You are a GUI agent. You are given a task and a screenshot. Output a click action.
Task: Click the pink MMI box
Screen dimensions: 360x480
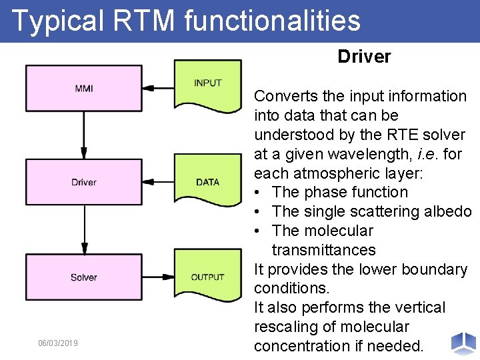click(x=83, y=88)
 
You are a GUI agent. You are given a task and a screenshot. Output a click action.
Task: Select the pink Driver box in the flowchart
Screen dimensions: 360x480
click(x=83, y=182)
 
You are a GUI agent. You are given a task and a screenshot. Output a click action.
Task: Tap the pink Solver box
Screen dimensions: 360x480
click(x=83, y=277)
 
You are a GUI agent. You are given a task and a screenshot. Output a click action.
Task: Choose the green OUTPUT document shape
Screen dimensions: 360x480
click(x=207, y=276)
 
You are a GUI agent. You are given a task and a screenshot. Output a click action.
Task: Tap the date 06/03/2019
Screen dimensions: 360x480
click(x=58, y=343)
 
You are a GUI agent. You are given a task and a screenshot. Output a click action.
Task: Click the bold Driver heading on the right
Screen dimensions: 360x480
click(x=364, y=57)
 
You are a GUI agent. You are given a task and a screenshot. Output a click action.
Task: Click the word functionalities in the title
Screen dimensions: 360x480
click(x=272, y=20)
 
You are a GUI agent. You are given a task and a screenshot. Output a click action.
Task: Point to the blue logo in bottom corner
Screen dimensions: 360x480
click(x=463, y=343)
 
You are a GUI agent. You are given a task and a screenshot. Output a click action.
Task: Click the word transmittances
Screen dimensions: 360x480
click(x=323, y=250)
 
